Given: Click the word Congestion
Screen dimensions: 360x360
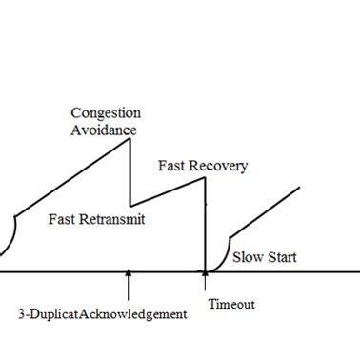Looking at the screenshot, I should tap(105, 113).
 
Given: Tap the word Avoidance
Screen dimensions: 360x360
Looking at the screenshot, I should tap(103, 130).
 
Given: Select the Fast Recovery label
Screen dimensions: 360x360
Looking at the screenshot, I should tap(202, 166).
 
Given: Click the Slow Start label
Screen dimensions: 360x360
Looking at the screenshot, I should tap(264, 257).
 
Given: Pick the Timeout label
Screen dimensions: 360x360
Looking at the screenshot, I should tap(231, 305).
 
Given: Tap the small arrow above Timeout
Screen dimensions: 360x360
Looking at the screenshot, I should tap(204, 277).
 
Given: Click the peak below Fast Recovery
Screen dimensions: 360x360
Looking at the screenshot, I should tap(205, 178).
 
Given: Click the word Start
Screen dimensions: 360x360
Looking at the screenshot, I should tap(280, 257).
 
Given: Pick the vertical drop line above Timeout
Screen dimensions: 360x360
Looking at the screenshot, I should tap(205, 229).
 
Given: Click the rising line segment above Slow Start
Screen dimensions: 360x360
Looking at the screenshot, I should tap(266, 210).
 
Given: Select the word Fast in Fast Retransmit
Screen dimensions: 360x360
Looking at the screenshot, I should tap(60, 217).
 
